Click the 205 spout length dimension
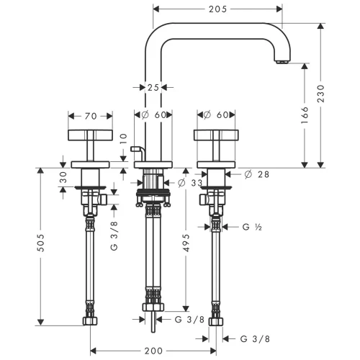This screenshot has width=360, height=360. point(217,9)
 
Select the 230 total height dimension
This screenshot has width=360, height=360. point(320,94)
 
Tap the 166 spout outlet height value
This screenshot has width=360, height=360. point(305,115)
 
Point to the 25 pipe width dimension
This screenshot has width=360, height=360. point(153,88)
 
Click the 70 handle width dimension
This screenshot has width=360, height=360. point(91,117)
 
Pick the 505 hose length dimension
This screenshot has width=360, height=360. point(41,243)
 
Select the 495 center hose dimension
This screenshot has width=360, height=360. point(186,243)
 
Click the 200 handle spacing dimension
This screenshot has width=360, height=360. point(153,351)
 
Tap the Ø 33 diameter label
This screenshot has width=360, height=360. point(190,183)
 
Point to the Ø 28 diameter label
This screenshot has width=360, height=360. point(257,174)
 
